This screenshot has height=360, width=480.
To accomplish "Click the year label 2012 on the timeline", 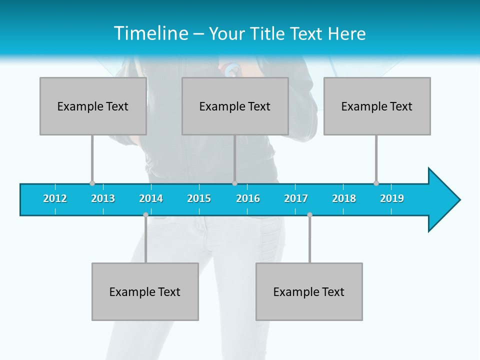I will [x=55, y=198].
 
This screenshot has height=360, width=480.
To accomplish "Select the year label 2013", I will [x=103, y=198].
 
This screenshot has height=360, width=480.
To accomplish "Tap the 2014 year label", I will [x=151, y=198].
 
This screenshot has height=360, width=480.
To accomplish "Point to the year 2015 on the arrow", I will [x=199, y=198].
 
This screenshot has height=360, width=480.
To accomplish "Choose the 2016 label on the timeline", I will [x=248, y=198].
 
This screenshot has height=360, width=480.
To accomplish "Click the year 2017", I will [x=296, y=198].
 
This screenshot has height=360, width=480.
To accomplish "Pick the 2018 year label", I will [x=344, y=198].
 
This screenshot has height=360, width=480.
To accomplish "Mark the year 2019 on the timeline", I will [x=392, y=198].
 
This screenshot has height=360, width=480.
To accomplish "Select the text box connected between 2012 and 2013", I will [x=93, y=106].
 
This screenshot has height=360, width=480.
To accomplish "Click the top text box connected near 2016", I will [x=235, y=106].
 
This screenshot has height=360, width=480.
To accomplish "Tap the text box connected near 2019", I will [x=377, y=106].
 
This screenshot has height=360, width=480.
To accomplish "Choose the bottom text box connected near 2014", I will [x=145, y=291].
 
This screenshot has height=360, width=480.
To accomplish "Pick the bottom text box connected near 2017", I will [x=309, y=291].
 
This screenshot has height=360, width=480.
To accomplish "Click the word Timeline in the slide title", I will [x=150, y=33].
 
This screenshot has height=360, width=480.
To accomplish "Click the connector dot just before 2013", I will [x=92, y=183].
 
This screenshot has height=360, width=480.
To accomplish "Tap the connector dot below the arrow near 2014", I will [x=145, y=215].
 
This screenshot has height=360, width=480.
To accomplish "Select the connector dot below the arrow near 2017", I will [x=309, y=215].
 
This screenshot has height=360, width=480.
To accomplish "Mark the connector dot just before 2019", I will [x=376, y=183].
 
